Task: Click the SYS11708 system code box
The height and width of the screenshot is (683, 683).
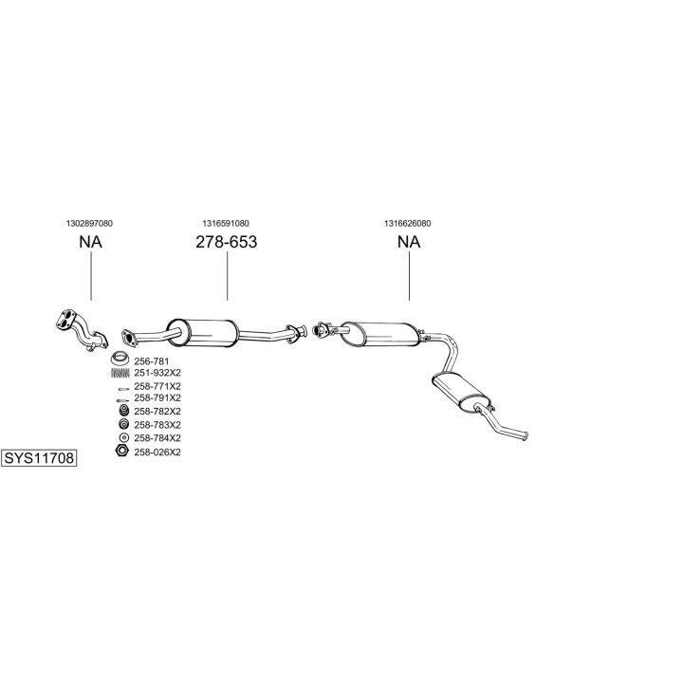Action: [39, 458]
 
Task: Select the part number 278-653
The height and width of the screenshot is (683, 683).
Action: [227, 242]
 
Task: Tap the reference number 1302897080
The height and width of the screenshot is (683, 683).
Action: [89, 224]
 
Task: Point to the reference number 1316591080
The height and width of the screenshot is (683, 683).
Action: [226, 224]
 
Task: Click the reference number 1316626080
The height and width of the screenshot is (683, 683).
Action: [407, 224]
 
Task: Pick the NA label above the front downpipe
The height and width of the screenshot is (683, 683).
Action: [91, 242]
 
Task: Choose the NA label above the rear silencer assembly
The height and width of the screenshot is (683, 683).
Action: [409, 242]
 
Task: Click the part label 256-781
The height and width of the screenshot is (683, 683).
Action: [151, 361]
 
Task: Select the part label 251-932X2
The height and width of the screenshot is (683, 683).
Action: [157, 373]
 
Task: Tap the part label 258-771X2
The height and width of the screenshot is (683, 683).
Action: [157, 386]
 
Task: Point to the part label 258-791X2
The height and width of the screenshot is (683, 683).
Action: [157, 397]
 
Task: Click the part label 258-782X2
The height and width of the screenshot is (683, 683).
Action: [157, 411]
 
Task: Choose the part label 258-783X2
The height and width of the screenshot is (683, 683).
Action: [157, 425]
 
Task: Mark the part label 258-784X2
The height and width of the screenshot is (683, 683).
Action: [157, 437]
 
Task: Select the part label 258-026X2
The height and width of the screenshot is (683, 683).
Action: [157, 452]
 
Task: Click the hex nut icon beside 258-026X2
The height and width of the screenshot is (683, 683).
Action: [122, 451]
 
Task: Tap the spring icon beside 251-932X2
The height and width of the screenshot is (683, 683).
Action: [120, 373]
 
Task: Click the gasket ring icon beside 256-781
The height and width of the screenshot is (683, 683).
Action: [120, 358]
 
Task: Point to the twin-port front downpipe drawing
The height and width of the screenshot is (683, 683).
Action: [82, 330]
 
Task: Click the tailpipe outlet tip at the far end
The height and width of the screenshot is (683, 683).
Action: [526, 435]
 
